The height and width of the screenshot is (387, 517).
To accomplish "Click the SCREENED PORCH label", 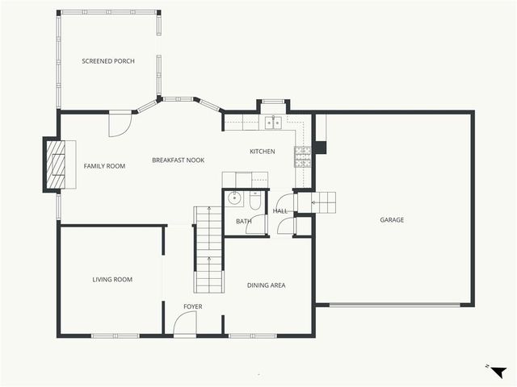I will coord(108,61).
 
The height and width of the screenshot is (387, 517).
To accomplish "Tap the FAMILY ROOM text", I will coord(105,166).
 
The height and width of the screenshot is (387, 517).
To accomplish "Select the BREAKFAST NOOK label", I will coord(178,160).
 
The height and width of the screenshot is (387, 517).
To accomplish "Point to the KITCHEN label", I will coord(262,152).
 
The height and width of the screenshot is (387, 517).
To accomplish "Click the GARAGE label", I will coord(393,219).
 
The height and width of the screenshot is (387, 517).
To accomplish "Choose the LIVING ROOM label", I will coord(112,280).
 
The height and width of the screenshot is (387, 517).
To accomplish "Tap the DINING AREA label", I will coord(266,285).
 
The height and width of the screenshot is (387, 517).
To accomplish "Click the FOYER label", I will coord(192,306).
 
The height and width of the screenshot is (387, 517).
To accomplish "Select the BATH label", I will coord(243,221).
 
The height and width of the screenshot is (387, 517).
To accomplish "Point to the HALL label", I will coord(280,211).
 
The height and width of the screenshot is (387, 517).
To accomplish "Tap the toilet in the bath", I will coord(255,202).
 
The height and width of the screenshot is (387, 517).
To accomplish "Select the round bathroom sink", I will coord(234,199).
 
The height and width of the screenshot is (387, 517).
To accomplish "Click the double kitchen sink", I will coord(274,123).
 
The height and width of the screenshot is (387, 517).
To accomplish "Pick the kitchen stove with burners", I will coord(303,156).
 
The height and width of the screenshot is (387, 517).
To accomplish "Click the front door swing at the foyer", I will coord(185,323).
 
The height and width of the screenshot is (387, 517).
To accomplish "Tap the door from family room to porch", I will coord(119,123).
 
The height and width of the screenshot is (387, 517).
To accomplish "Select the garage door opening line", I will coord(395,304).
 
